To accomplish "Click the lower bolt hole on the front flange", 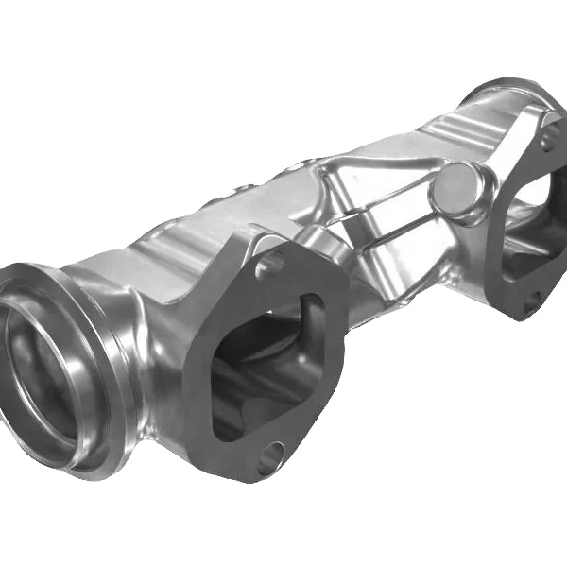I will coord(270,457).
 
